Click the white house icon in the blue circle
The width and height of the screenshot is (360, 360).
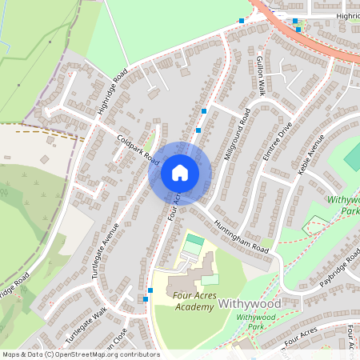[x=180, y=173]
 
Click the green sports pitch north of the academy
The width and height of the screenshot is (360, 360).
[x=194, y=240]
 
